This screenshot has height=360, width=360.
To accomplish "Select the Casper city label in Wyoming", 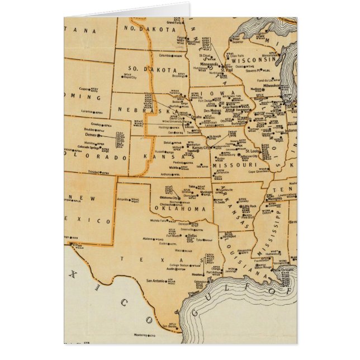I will [x=84, y=88].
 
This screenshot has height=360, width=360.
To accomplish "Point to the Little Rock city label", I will [x=249, y=206].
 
